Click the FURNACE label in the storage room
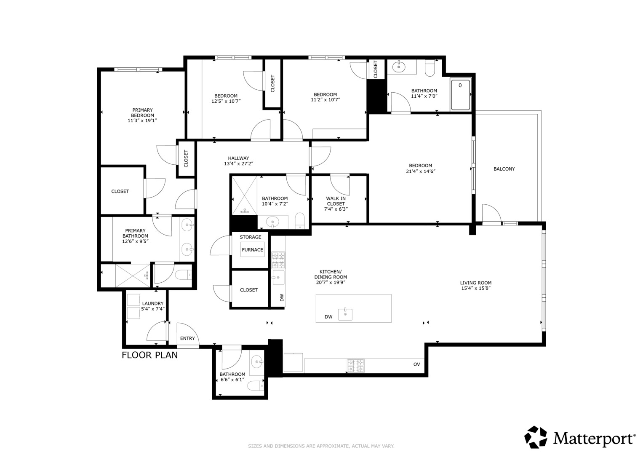252,250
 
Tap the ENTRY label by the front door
187,338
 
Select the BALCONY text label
504,169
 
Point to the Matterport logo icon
536,437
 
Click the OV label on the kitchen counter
417,364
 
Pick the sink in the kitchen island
345,314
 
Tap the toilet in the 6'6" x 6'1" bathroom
256,386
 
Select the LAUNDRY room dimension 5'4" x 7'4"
153,309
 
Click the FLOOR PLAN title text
149,355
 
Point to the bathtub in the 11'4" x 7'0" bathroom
460,95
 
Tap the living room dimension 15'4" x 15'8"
476,288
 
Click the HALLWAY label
238,158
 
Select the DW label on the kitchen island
328,317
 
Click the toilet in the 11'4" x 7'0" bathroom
430,68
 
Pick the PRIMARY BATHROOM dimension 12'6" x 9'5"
135,241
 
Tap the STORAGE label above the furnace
251,237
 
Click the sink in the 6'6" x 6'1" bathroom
256,361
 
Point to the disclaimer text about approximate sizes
321,446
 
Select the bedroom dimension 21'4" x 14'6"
421,171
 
